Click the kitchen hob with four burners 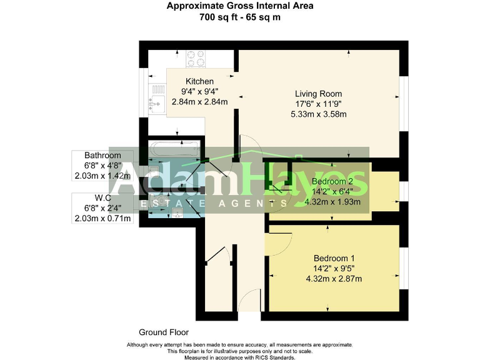tap(197, 58)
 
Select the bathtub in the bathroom tap(173, 151)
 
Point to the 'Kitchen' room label tap(199, 81)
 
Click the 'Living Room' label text tap(319, 93)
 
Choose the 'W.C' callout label tap(103, 197)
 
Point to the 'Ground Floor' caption tap(164, 332)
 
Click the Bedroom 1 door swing tap(279, 237)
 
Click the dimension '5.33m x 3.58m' tap(319, 114)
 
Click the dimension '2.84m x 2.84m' tap(199, 102)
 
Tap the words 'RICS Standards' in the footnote tap(274, 357)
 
